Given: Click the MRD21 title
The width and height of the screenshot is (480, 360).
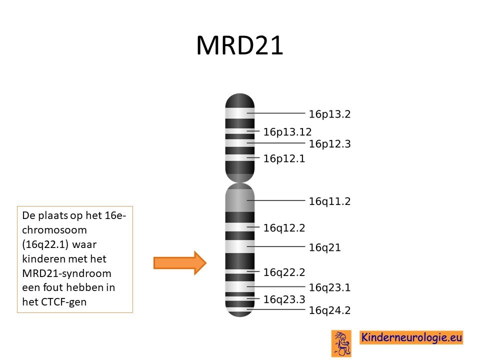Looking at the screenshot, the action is coord(239,45).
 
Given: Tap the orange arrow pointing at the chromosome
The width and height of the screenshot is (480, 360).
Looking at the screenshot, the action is coord(180,263).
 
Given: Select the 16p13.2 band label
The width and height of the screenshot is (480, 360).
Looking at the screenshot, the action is coord(329,114).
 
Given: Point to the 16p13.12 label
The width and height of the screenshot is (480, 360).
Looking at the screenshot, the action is coord(287,132).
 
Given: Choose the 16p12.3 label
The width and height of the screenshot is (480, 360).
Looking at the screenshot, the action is coord(329,144).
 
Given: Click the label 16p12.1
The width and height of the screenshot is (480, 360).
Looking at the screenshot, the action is coord(284,158).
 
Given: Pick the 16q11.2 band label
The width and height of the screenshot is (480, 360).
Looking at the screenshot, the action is coord(329,201).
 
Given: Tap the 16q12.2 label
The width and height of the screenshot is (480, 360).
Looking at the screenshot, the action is coord(284,228).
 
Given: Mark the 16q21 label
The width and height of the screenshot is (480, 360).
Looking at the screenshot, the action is coord(325,247).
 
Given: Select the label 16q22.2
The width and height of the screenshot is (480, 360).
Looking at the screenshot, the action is coord(284,272).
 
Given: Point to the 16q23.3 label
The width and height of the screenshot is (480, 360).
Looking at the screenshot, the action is coord(284,299).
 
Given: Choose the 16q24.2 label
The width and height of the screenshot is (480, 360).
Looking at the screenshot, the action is coord(329,310).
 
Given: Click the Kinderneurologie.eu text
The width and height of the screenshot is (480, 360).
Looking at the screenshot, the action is coord(411,337).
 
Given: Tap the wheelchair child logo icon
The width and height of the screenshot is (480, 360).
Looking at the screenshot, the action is coord(341,343).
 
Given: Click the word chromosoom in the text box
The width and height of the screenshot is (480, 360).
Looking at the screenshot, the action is coord(54,230).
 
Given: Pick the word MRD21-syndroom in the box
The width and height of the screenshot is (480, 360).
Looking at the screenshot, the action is coord(66,273).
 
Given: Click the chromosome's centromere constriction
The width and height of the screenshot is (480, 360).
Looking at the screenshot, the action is coord(239,182).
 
